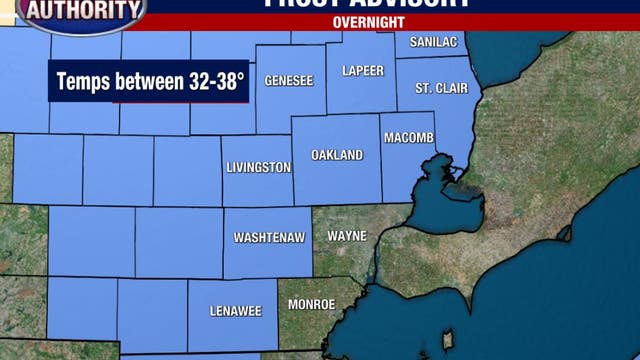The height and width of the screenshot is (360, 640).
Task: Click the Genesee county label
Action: (x=289, y=80)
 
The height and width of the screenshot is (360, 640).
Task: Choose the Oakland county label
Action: (x=337, y=155)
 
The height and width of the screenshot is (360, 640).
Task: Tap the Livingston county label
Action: (x=257, y=167)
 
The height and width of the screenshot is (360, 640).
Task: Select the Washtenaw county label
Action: (x=263, y=238)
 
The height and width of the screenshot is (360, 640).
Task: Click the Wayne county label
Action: (x=346, y=236)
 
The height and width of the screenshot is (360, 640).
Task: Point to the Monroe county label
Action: (x=311, y=303)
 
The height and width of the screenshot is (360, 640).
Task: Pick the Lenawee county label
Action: (x=236, y=311)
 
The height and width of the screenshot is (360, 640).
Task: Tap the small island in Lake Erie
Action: (x=448, y=339)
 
